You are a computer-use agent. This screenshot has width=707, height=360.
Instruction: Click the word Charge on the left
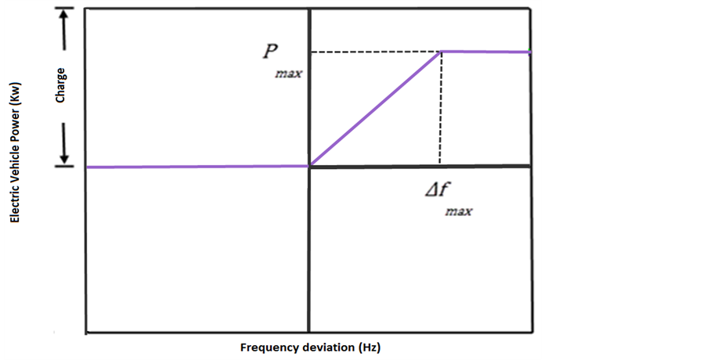[60, 85]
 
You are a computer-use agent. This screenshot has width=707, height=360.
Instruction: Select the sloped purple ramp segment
[376, 109]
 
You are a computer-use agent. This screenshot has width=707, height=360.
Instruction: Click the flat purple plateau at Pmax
[485, 52]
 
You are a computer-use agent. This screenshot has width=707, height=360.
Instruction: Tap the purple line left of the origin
[196, 167]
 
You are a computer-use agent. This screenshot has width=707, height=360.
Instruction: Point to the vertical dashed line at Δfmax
[440, 110]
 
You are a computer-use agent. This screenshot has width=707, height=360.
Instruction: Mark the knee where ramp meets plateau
[442, 52]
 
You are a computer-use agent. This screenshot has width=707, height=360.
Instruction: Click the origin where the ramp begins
[310, 166]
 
